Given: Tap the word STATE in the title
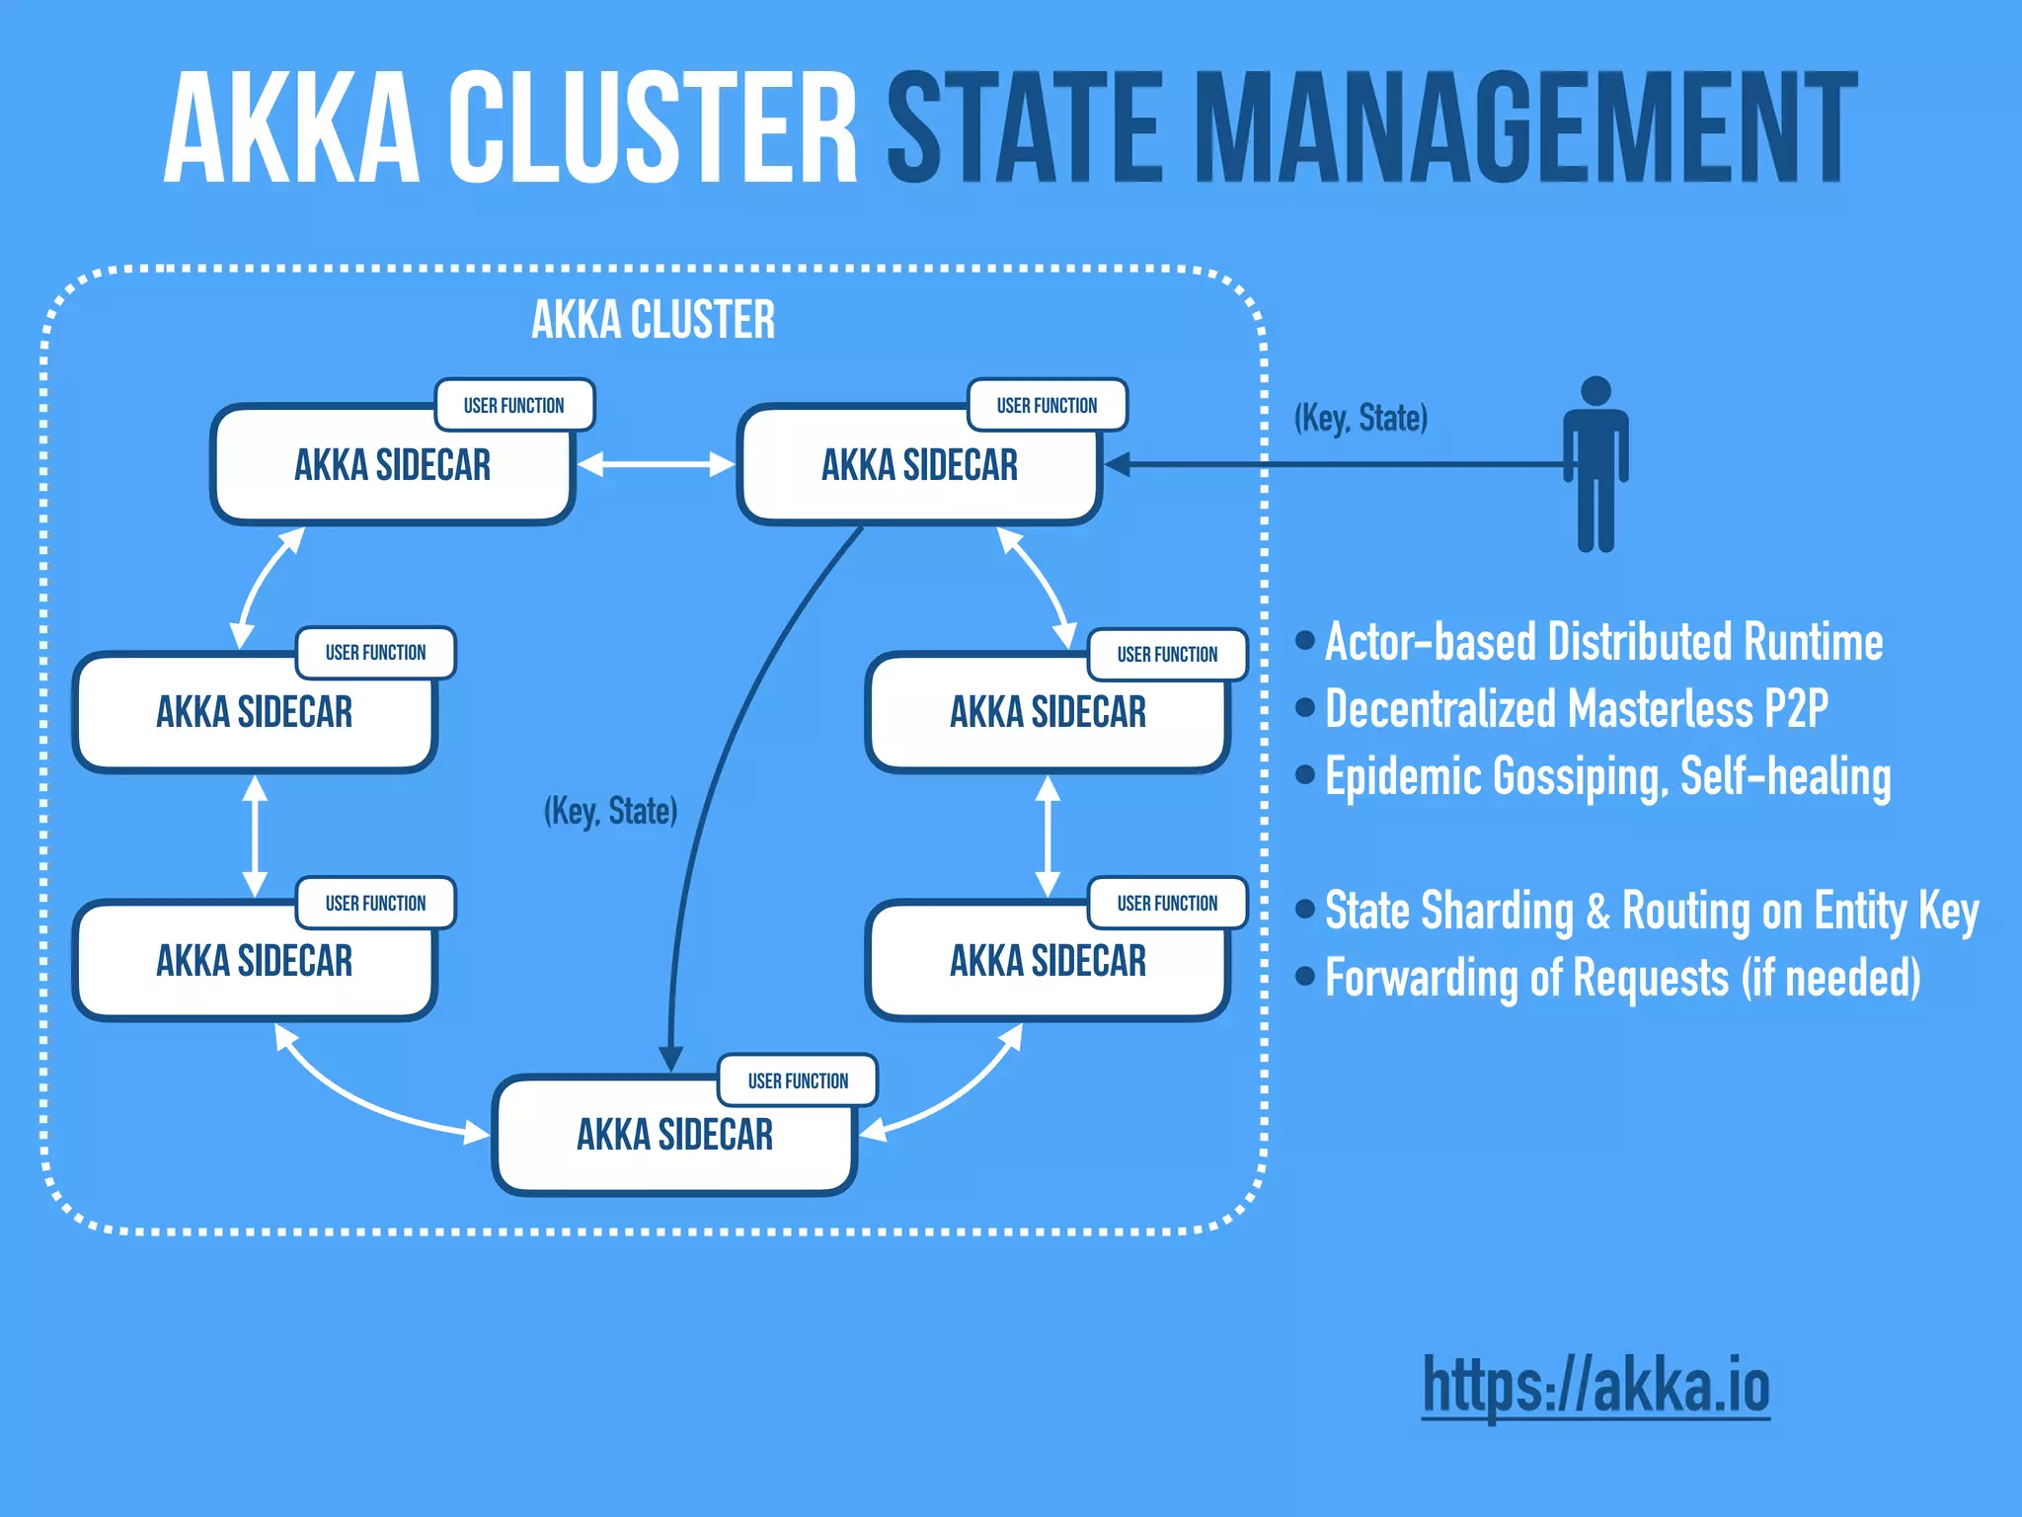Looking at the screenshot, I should point(1027,128).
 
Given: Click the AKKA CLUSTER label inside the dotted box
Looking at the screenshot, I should point(653,320).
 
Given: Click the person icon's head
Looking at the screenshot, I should point(1595,391).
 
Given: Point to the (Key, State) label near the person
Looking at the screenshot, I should point(1361,418).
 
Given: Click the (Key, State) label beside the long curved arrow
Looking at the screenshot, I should point(610,811).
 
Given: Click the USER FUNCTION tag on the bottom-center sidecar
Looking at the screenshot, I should point(798,1080).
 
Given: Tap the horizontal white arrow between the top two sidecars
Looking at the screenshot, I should point(656,464).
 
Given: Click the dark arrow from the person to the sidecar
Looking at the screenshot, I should point(1333,464).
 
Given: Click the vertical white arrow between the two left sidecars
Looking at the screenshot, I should point(255,836).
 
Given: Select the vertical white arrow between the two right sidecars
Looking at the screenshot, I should point(1048,836).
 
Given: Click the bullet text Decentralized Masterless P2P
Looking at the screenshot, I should point(1576,709).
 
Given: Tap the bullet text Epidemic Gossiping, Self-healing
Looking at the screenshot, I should point(1607,777).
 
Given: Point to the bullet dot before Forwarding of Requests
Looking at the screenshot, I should point(1305,976).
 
